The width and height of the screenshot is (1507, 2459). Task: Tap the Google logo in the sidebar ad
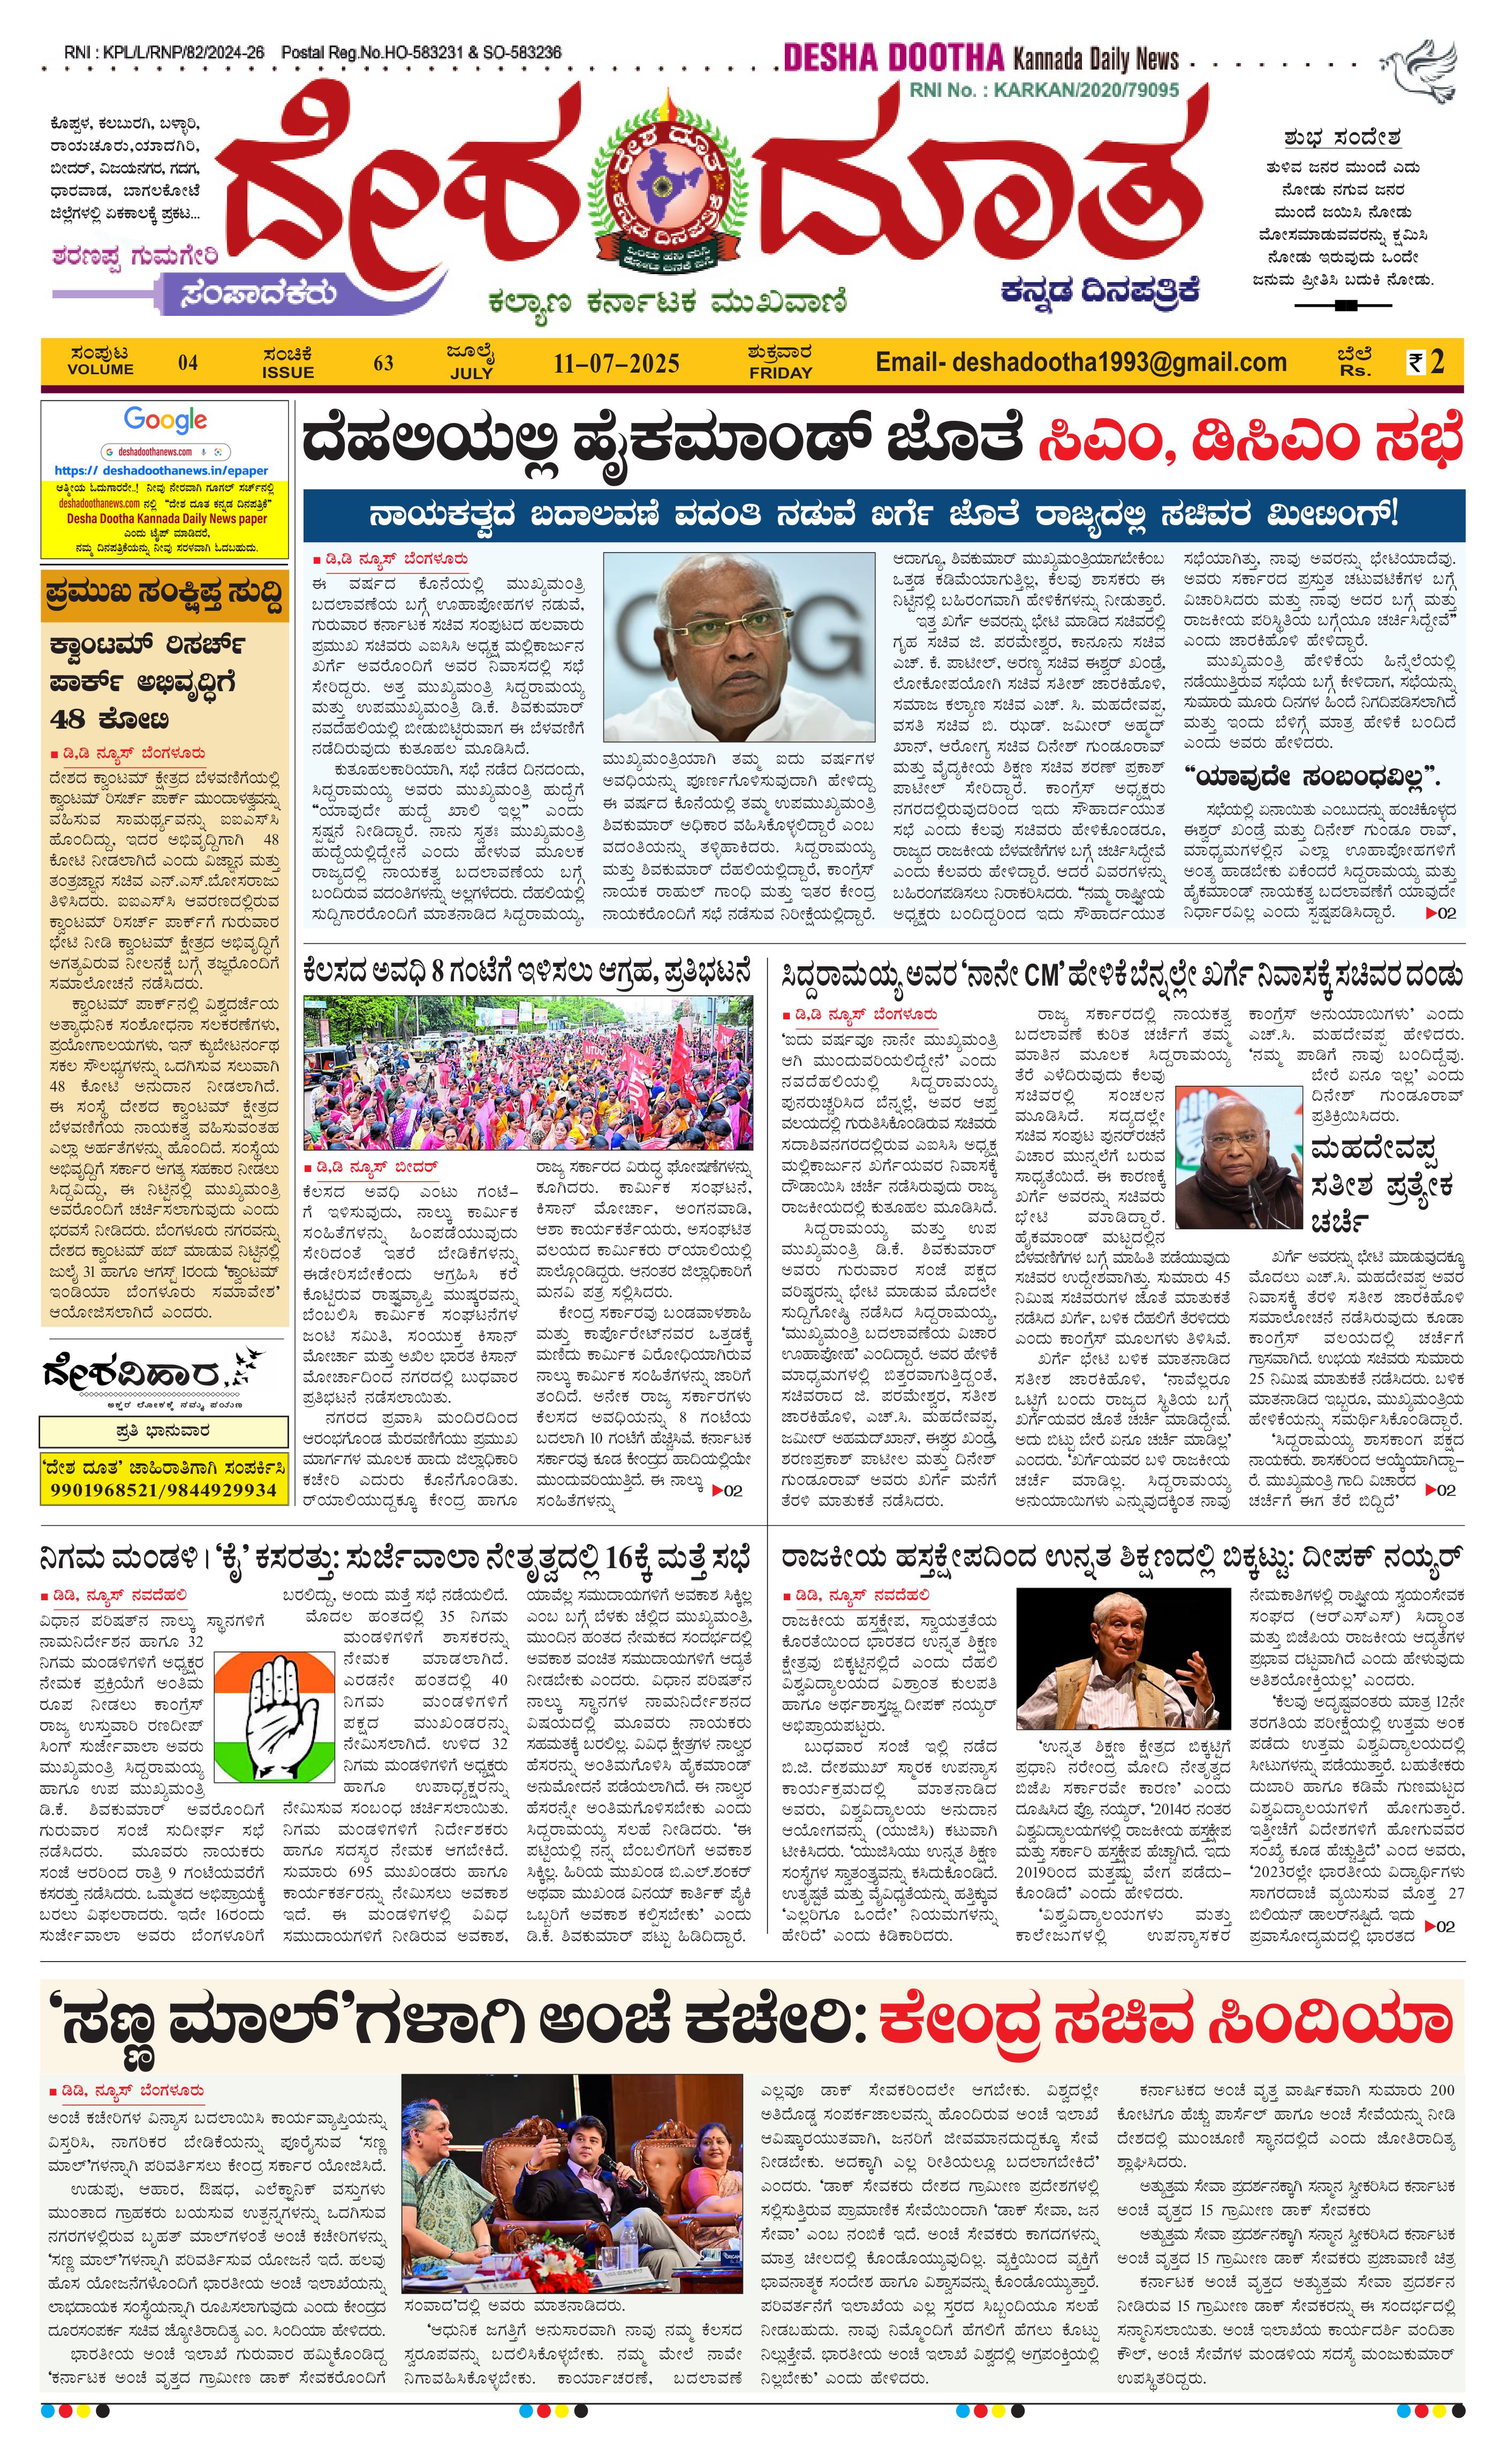click(165, 420)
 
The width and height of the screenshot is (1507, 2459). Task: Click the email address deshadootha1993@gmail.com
click(1081, 362)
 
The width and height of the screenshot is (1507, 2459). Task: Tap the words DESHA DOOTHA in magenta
click(892, 58)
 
